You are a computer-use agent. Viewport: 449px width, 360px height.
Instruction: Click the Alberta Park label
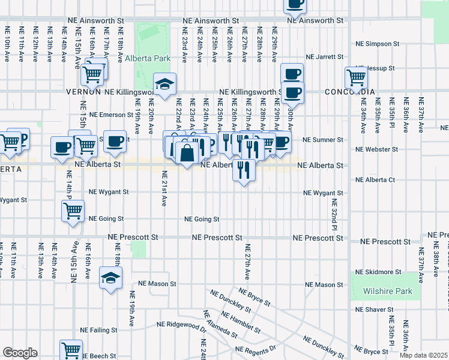[x=148, y=59]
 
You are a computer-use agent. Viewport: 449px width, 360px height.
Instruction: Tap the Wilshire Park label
[x=388, y=292]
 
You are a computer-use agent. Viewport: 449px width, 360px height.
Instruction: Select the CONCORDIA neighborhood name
[x=349, y=92]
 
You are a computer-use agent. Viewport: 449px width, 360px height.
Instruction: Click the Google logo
[x=20, y=353]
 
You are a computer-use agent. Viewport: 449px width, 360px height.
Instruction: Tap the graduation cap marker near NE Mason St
[x=111, y=278]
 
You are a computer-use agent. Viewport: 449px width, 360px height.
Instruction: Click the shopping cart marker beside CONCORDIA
[x=357, y=77]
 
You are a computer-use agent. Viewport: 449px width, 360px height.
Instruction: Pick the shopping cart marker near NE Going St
[x=73, y=210]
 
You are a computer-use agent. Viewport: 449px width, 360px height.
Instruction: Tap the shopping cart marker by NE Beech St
[x=71, y=350]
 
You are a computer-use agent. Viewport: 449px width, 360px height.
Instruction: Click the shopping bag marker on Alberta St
[x=187, y=154]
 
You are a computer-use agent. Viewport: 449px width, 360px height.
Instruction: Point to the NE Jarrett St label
[x=324, y=57]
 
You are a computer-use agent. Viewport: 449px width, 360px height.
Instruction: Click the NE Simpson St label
[x=377, y=44]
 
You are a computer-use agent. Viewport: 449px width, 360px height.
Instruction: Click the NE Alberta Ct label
[x=375, y=179]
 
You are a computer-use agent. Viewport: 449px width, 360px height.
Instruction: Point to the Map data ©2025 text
[x=423, y=355]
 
